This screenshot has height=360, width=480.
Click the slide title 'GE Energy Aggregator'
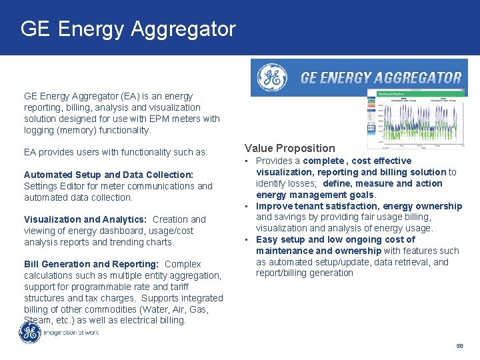tap(128, 29)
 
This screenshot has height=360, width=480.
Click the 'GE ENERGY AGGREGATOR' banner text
tap(381, 78)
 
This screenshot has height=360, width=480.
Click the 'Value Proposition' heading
tap(289, 148)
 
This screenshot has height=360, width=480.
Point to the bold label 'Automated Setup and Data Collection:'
tap(108, 175)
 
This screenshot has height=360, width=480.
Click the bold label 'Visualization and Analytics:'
tap(85, 219)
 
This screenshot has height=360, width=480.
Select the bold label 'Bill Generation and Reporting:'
tap(92, 264)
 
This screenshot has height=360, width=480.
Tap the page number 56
tap(459, 346)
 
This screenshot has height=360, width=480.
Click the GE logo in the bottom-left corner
tap(30, 332)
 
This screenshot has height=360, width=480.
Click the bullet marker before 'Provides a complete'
tap(247, 161)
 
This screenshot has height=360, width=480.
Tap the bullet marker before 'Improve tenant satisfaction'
tap(247, 206)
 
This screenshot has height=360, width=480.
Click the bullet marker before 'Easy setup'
tap(247, 239)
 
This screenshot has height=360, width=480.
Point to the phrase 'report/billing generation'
tap(304, 273)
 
